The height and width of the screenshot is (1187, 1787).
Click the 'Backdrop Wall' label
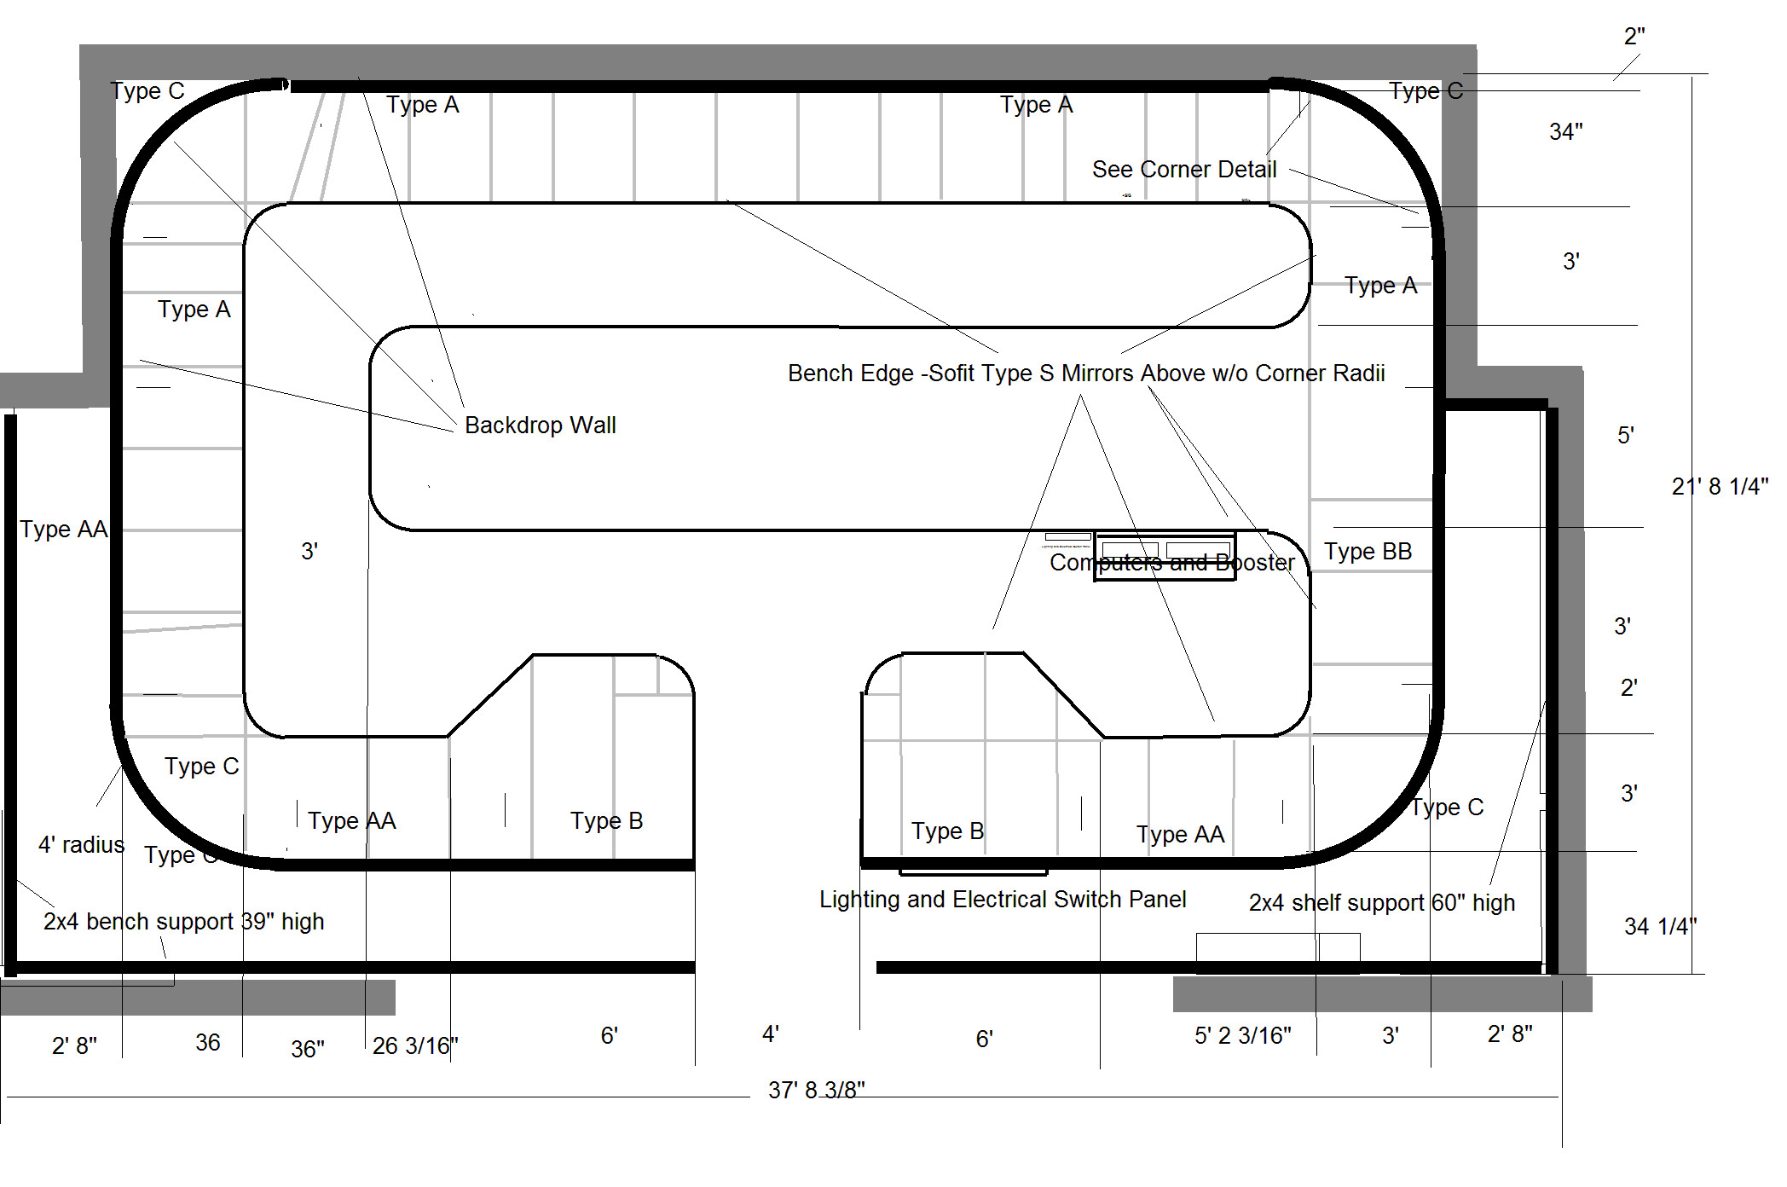pos(540,425)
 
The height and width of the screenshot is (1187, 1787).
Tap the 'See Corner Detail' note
pos(1184,169)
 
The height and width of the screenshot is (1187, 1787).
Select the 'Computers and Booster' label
pos(1172,563)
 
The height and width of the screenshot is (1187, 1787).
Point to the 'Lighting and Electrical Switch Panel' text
pos(1003,900)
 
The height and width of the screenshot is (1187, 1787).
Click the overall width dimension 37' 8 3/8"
pos(816,1090)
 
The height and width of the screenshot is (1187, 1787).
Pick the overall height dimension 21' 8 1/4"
pos(1720,486)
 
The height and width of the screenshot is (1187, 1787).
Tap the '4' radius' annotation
pos(82,845)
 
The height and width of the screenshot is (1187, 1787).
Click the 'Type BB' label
pos(1368,552)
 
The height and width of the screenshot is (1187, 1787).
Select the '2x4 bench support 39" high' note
pos(184,922)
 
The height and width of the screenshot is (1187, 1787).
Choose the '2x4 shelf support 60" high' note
pos(1382,903)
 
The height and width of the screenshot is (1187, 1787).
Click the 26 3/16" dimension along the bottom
pos(415,1045)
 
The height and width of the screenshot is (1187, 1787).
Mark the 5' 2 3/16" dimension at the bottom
pos(1242,1035)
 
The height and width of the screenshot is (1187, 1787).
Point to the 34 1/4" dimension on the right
pos(1660,926)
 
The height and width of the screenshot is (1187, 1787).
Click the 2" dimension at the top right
pos(1634,36)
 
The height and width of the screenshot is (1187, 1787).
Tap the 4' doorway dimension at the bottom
pos(771,1034)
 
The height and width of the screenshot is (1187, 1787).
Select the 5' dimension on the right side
pos(1626,435)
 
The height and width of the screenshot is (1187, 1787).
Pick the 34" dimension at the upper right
pos(1565,131)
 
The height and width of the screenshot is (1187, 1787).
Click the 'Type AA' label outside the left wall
pos(64,530)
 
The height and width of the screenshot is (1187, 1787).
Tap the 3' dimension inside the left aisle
pos(309,551)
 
